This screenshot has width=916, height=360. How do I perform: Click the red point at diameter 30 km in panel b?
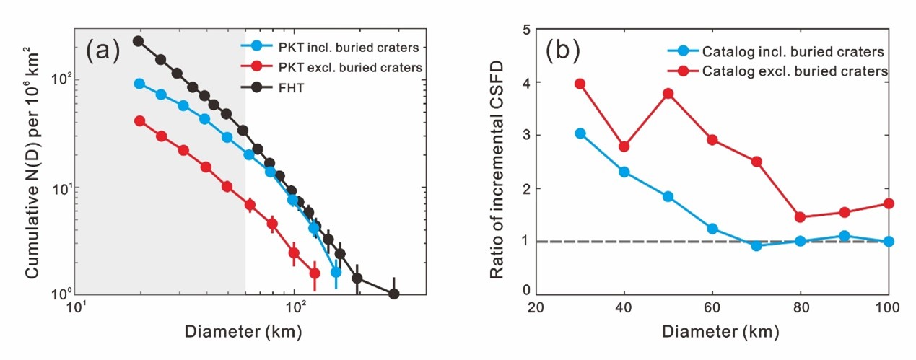580,84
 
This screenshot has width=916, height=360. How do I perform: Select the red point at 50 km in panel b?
668,93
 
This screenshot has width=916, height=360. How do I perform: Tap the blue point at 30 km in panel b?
580,133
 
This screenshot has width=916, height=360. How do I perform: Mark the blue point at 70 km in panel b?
756,245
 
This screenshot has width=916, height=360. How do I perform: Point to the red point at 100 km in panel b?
889,203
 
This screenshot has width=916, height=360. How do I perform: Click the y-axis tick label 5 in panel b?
527,30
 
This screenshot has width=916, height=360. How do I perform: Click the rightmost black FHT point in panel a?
393,294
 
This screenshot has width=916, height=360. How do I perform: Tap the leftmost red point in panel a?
139,120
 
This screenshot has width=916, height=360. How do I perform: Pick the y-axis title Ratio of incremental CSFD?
498,161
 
